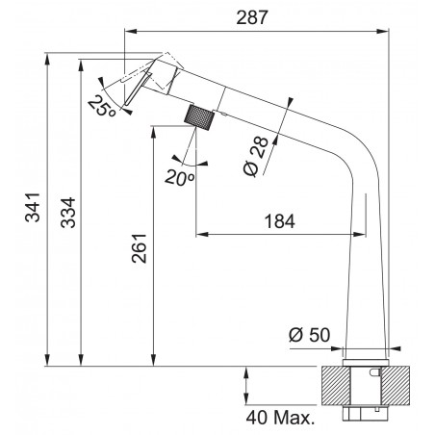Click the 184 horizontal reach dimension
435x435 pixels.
click(x=279, y=220)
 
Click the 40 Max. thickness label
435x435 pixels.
click(x=282, y=419)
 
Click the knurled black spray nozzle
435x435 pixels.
click(x=198, y=121)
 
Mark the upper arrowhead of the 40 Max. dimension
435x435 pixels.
click(x=249, y=371)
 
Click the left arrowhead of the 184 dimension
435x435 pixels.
click(x=199, y=233)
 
